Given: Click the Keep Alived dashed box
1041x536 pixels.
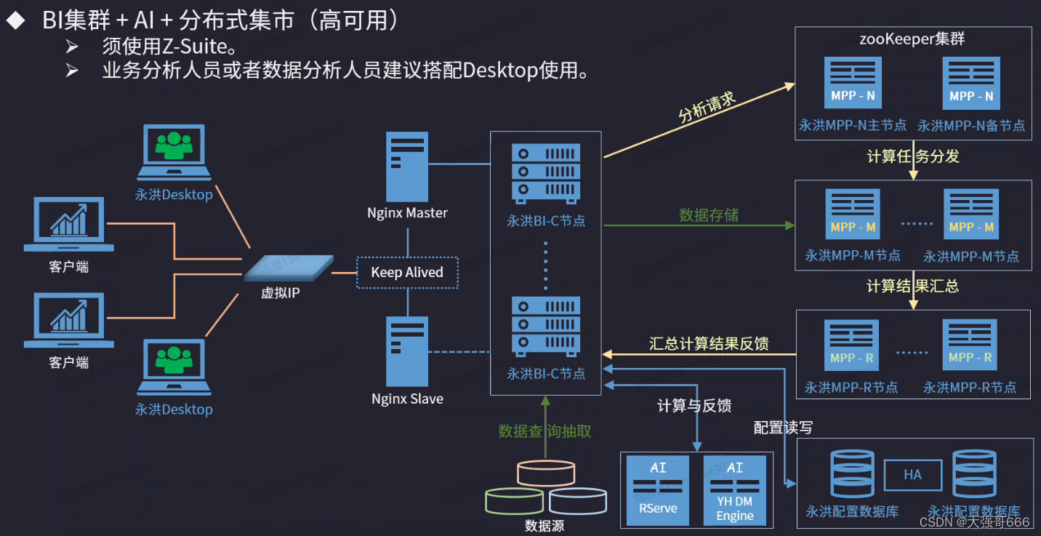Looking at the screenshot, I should coord(407,273).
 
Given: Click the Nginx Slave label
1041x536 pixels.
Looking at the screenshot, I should coord(407,399).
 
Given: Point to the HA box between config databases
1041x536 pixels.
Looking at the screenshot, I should coord(912,475).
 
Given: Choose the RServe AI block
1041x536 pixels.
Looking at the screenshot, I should coord(658,490).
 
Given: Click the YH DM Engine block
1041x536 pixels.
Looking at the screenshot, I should coord(734,490).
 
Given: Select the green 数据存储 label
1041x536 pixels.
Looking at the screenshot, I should coord(709,215).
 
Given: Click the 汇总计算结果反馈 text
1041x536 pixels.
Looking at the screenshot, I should coord(709,343).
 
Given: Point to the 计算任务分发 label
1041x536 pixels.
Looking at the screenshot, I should coord(913,156).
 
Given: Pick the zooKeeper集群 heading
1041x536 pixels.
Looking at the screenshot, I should coord(912,39).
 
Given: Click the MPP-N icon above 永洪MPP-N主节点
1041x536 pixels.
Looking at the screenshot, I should coord(852,82).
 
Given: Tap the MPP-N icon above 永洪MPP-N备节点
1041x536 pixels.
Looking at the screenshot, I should coord(970,82).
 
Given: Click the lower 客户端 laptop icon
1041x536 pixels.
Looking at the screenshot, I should coord(68,320).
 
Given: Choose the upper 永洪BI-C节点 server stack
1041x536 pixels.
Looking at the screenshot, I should coord(545,172).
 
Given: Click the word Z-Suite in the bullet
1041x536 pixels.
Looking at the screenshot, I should coord(195,47).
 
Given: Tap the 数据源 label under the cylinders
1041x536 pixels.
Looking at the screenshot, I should coord(544,526).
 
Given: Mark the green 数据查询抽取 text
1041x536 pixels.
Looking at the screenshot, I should coord(544,431).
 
